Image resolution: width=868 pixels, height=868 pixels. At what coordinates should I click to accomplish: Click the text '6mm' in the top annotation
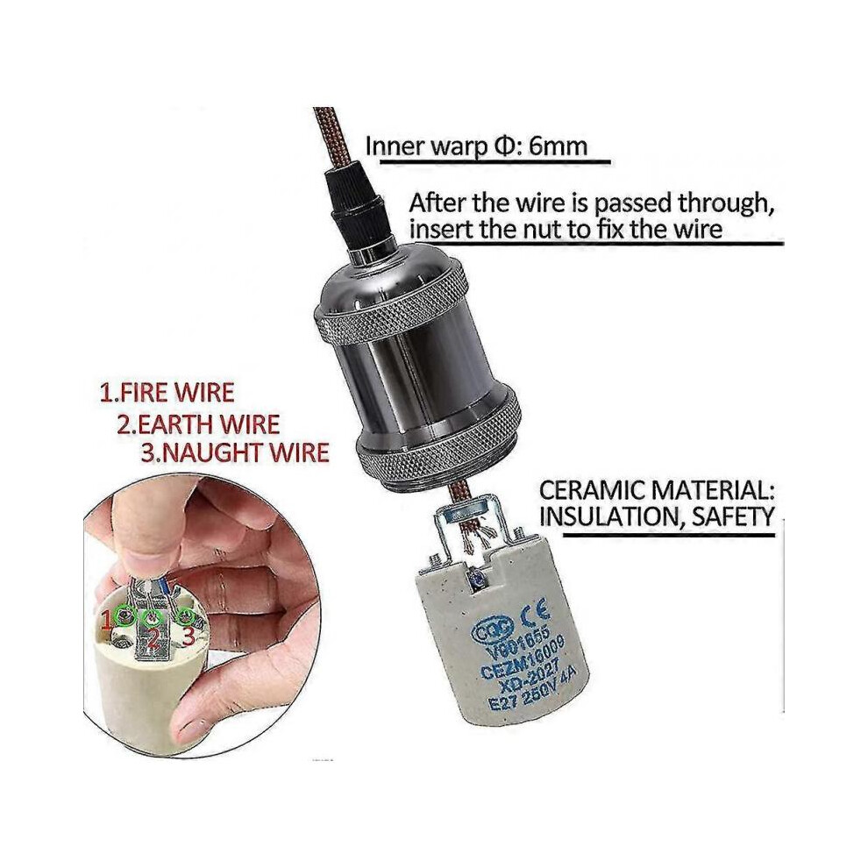click(558, 146)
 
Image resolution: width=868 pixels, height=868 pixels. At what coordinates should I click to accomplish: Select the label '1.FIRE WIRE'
click(167, 393)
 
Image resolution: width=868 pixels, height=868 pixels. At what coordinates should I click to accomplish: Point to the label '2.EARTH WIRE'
click(198, 424)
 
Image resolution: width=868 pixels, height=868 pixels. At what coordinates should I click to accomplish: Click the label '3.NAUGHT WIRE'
click(235, 452)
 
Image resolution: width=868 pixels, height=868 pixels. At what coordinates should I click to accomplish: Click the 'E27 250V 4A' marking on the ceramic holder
click(532, 692)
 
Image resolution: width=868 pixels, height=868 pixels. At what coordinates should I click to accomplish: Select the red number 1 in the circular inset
click(108, 618)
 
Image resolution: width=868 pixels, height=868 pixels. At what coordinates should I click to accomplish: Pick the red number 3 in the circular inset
click(189, 637)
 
